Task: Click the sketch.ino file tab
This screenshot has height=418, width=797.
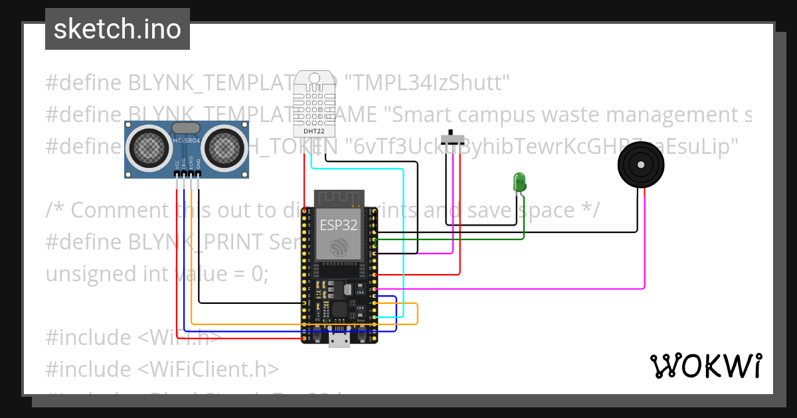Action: tap(117, 29)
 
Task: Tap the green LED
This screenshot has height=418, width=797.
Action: tap(519, 181)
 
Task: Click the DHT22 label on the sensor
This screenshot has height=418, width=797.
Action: tap(313, 131)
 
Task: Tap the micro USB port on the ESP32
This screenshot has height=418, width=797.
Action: tap(339, 340)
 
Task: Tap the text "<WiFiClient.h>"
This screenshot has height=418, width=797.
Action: tap(208, 369)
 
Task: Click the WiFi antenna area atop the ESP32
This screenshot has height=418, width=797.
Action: tap(339, 198)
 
